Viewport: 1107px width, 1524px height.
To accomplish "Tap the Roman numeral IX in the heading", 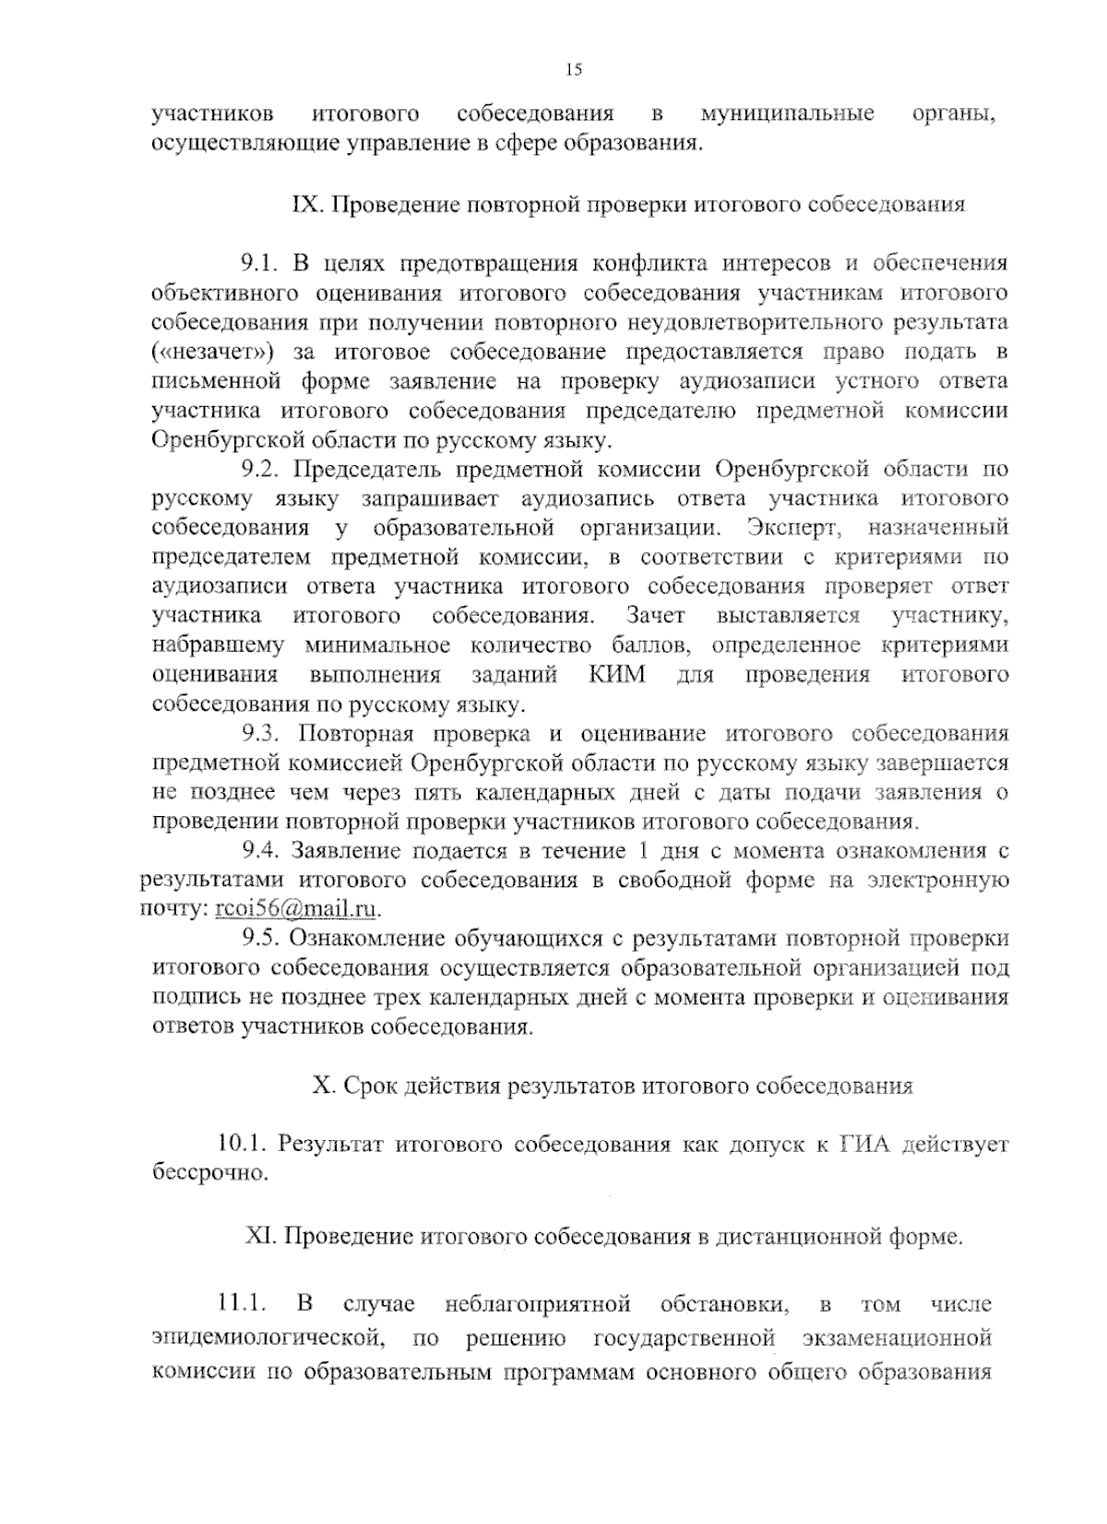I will [304, 205].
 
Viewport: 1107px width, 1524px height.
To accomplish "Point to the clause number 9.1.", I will [260, 265].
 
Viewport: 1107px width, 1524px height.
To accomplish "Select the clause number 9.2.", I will [260, 469].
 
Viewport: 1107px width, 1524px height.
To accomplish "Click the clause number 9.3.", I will [260, 734].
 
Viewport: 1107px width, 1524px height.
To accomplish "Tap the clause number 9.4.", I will [260, 851].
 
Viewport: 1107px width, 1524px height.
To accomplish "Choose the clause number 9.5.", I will [260, 939].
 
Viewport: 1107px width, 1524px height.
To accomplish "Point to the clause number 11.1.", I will [241, 1305].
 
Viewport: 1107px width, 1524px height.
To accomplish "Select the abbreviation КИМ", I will [617, 675].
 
